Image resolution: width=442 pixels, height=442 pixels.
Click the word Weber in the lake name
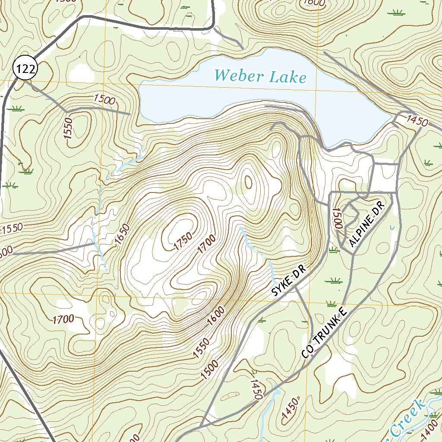click(239, 76)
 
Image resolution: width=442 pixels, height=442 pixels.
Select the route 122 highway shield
click(25, 69)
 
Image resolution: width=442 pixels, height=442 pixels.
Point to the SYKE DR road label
click(289, 281)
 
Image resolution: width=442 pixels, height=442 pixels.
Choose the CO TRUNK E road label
click(325, 333)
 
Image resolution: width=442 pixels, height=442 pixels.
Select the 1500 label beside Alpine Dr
click(337, 218)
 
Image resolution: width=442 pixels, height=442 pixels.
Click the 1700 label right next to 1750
click(206, 246)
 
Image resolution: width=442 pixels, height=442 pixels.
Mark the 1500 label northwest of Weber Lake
click(104, 100)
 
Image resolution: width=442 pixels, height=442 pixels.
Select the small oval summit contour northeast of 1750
click(248, 182)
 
